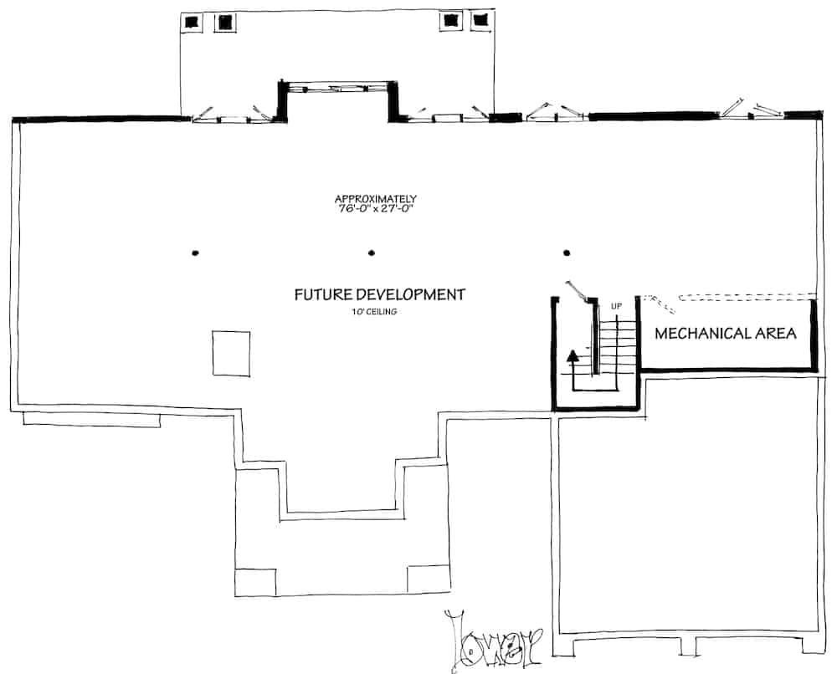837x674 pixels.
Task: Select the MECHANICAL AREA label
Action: pyautogui.click(x=726, y=334)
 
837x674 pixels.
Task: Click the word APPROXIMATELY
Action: pyautogui.click(x=375, y=199)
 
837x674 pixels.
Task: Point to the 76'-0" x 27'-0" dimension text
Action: pyautogui.click(x=377, y=208)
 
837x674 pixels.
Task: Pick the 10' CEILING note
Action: pyautogui.click(x=373, y=311)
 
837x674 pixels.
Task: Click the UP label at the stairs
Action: pyautogui.click(x=616, y=306)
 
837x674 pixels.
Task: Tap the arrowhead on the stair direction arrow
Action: pyautogui.click(x=573, y=355)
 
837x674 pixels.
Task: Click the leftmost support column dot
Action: pyautogui.click(x=195, y=253)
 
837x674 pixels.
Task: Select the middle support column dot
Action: pyautogui.click(x=372, y=253)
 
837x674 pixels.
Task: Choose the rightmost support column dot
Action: pyautogui.click(x=567, y=253)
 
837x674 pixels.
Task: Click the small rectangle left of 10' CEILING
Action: pyautogui.click(x=231, y=354)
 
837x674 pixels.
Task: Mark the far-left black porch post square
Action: pyautogui.click(x=192, y=22)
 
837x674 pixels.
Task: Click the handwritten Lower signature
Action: pyautogui.click(x=493, y=641)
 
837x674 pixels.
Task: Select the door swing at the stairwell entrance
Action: pyautogui.click(x=578, y=291)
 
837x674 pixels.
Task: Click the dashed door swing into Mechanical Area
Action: pyautogui.click(x=660, y=304)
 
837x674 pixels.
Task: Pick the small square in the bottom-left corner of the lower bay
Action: pyautogui.click(x=255, y=582)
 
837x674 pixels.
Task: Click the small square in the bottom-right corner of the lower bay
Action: pyautogui.click(x=428, y=579)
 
